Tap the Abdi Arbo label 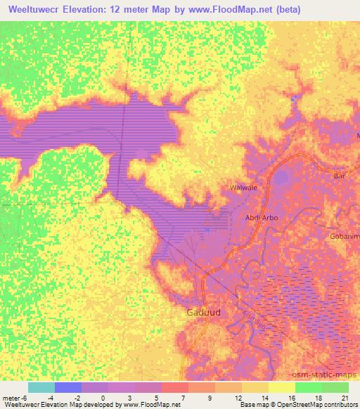[x=261, y=218]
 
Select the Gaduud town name [x=204, y=312]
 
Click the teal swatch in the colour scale [x=41, y=388]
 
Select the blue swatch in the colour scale [x=68, y=388]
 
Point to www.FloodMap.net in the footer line [x=150, y=405]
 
